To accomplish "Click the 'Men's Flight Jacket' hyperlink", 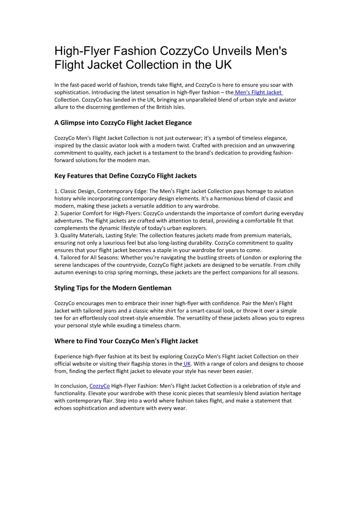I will click(x=258, y=92).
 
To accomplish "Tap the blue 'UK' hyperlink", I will click(x=187, y=364).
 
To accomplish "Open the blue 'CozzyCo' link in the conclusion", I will click(x=100, y=386).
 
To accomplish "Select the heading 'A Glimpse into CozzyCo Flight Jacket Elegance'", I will click(x=123, y=123).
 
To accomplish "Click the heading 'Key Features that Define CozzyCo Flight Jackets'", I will click(x=125, y=176).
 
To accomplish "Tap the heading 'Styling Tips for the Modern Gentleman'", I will click(x=113, y=288).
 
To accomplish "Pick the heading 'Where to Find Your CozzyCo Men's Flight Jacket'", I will click(x=126, y=341).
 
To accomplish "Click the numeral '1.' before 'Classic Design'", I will click(x=56, y=191).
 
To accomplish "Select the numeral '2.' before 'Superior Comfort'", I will click(x=56, y=213).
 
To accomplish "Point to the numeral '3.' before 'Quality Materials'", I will click(x=56, y=236).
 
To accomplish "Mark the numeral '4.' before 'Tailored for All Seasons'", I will click(x=56, y=258).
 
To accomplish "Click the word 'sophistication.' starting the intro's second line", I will click(x=73, y=92).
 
